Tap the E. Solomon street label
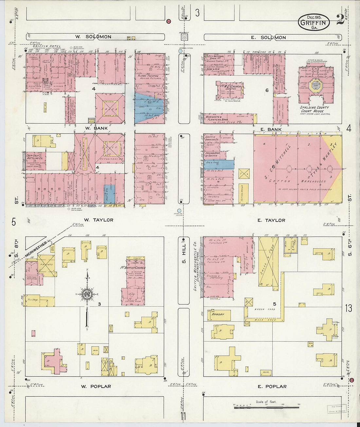pos(268,38)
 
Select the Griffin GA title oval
pos(314,23)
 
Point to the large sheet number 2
pos(340,20)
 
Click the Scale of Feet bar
pos(266,407)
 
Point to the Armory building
pos(218,314)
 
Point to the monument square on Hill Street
pos(184,37)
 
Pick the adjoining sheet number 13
pos(348,308)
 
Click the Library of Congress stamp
pos(336,409)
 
